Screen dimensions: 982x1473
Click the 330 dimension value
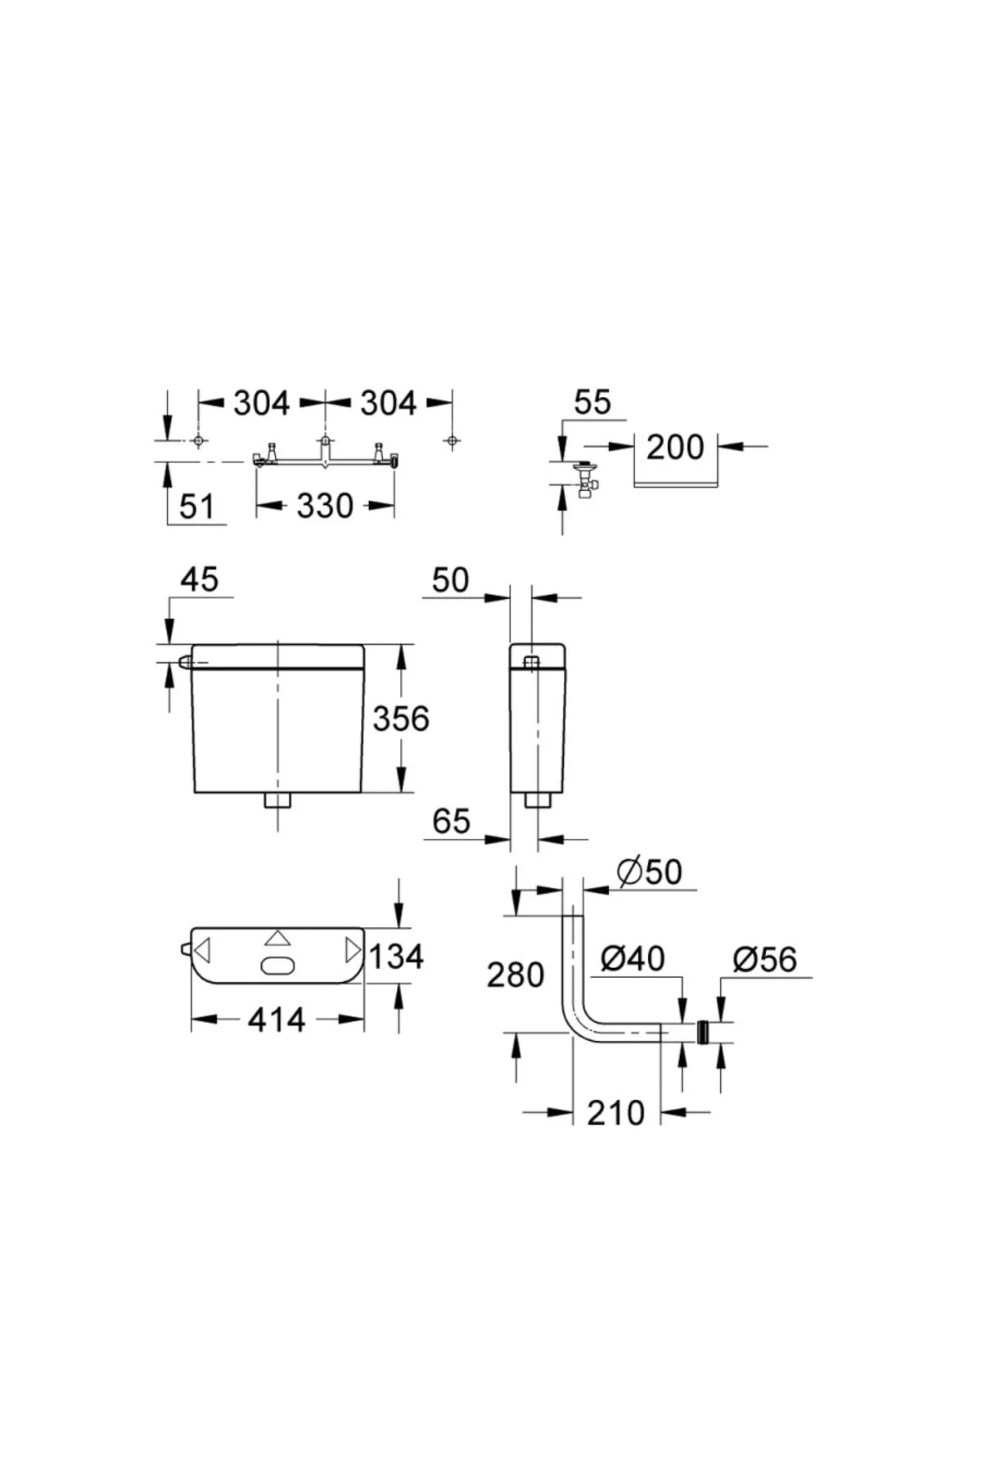point(325,507)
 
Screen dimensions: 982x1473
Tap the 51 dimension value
point(196,507)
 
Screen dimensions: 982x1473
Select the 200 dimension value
point(675,448)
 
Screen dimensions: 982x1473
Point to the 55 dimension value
point(592,403)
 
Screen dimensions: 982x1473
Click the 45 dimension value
point(200,579)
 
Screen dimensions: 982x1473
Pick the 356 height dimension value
point(401,718)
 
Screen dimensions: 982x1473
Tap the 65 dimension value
point(452,821)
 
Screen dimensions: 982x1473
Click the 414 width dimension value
point(277,1020)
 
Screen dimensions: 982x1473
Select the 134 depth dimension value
point(397,956)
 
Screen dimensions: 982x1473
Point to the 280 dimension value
point(516,975)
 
